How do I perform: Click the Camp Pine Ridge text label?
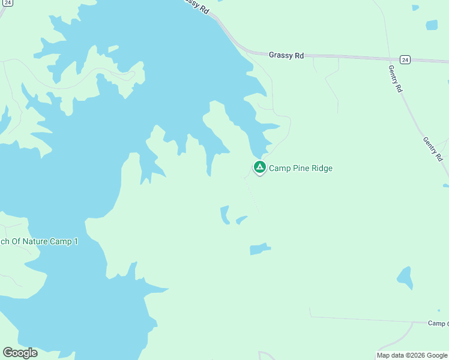click(x=300, y=169)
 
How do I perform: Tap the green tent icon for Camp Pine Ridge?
click(x=259, y=167)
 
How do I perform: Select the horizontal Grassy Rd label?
click(x=286, y=55)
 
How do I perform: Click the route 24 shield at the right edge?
click(x=406, y=60)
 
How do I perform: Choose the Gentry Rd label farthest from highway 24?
click(x=433, y=149)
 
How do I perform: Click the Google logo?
click(x=20, y=353)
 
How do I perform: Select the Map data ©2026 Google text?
click(x=412, y=355)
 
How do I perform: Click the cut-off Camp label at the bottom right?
click(x=438, y=323)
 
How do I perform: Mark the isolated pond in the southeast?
click(x=405, y=277)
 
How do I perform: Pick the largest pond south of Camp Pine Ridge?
click(x=259, y=248)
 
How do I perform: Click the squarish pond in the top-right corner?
click(x=432, y=25)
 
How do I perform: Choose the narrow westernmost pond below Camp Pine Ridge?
click(x=225, y=215)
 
